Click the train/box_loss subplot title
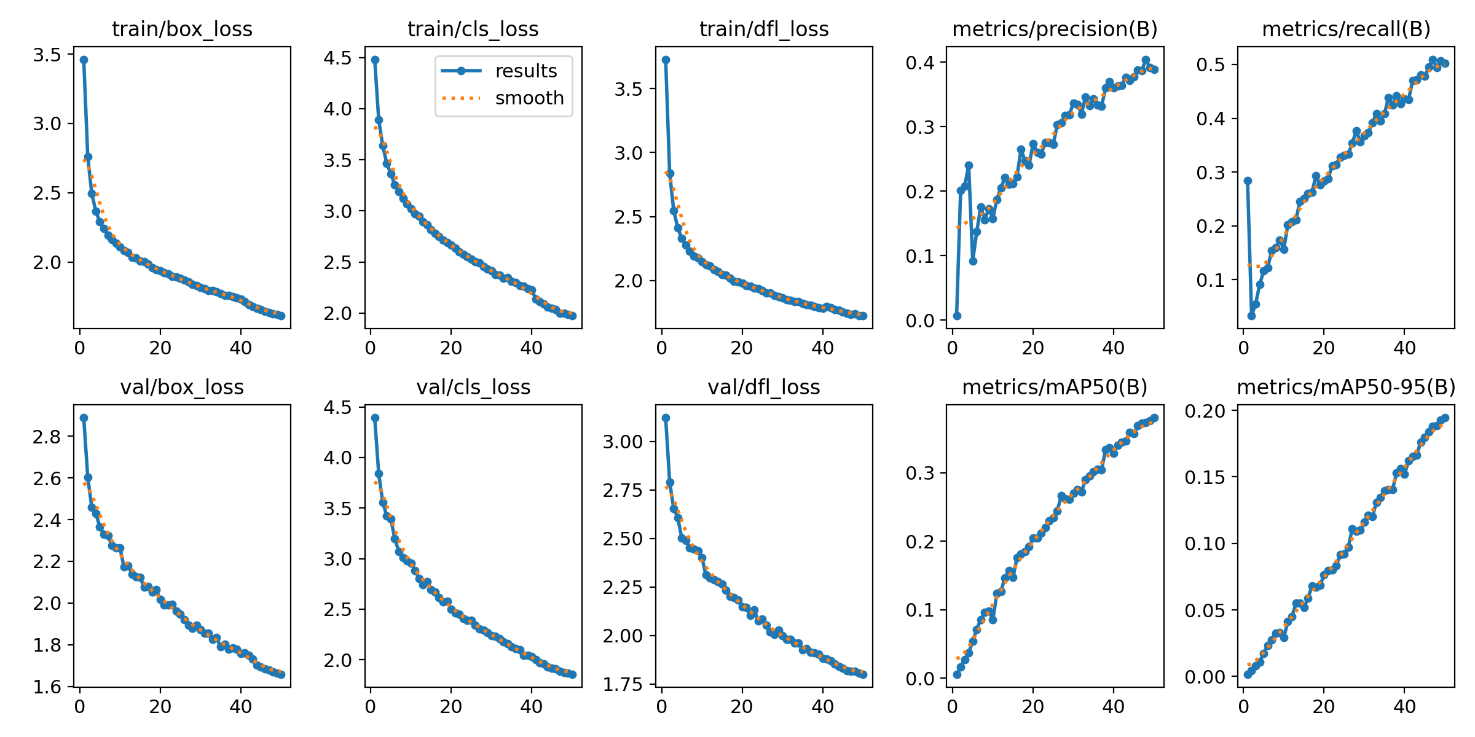(182, 29)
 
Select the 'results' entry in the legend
(525, 71)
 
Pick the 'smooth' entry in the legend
(529, 98)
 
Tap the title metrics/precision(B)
(1055, 29)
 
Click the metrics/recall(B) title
(1346, 29)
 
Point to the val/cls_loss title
(473, 387)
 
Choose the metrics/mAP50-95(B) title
(1346, 387)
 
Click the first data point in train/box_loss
(84, 60)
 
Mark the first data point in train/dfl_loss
(666, 60)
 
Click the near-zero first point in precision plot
(957, 316)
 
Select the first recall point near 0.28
(1248, 181)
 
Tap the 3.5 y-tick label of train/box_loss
(47, 55)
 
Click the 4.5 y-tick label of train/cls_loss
(337, 58)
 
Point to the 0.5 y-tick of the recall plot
(1210, 64)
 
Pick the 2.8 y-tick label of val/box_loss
(47, 437)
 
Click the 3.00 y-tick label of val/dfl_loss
(623, 442)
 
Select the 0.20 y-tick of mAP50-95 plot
(1205, 411)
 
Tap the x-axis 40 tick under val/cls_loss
(532, 707)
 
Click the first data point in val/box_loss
(84, 418)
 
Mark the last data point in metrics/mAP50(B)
(1154, 418)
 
